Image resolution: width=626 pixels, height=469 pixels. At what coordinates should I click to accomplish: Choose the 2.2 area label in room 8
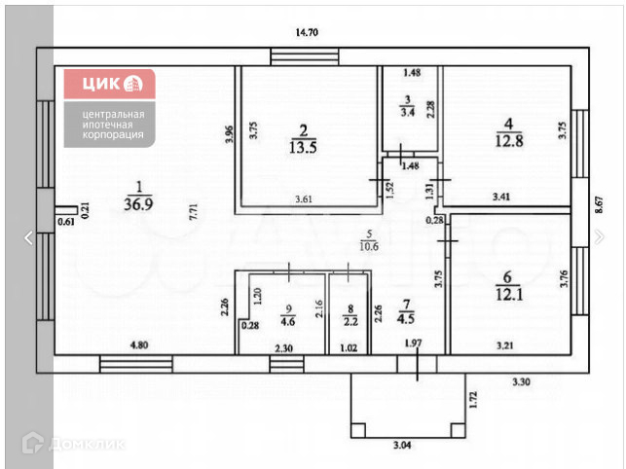tap(351, 319)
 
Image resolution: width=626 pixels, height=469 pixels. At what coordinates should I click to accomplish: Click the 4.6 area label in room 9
tap(288, 318)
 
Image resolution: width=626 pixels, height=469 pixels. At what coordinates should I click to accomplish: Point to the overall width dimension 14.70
tap(307, 32)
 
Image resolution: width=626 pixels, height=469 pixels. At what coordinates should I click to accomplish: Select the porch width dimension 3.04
tap(401, 445)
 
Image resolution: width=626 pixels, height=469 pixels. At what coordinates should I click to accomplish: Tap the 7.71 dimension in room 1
tap(194, 213)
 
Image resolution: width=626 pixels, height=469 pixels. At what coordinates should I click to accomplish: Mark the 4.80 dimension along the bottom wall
tap(118, 345)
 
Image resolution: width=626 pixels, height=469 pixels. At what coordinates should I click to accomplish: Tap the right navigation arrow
tap(600, 236)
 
